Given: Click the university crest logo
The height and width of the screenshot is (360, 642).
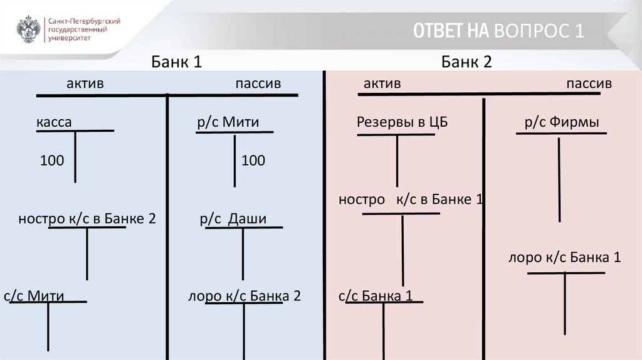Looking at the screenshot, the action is (29, 29).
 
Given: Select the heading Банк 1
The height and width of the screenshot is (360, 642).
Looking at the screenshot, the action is (176, 62).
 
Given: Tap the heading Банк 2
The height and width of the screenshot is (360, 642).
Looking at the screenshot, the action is (466, 62).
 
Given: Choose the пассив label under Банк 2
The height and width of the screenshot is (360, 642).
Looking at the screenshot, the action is (589, 84).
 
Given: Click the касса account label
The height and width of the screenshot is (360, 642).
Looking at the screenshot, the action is (54, 122).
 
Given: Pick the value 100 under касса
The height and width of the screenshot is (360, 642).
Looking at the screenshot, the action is (52, 161).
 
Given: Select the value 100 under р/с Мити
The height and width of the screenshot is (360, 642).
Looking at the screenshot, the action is (253, 161).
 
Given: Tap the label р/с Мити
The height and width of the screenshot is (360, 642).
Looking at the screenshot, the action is (228, 122).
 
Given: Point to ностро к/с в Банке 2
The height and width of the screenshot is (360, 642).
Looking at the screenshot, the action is (87, 219).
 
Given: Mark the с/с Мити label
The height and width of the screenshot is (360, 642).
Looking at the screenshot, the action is (34, 295).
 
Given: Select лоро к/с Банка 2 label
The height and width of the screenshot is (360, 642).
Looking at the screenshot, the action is (245, 295).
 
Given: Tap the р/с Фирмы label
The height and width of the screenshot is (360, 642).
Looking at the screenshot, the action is (562, 122).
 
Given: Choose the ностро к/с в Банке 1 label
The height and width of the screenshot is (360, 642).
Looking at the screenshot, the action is (411, 200).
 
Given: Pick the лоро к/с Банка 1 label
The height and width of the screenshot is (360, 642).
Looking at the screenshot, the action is (565, 257).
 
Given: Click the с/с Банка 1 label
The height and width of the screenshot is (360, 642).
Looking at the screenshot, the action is (375, 295).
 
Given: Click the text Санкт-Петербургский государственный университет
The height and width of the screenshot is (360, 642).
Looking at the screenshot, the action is (84, 29).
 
